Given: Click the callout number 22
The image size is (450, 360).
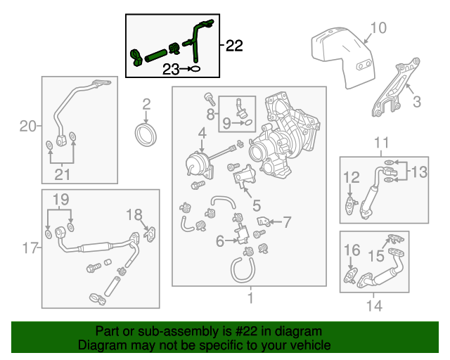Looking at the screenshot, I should coord(234,46).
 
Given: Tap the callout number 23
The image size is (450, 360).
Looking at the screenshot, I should coord(172,69).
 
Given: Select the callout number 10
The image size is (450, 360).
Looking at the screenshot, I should coord(378,28).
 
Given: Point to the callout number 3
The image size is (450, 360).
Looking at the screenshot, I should coord(416,102).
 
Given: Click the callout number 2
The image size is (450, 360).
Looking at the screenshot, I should coord(146,105).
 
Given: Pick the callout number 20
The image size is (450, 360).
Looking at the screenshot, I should coord(27,127).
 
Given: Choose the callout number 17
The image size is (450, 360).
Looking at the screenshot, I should coord(29,247).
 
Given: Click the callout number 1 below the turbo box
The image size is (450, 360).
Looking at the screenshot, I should coord(249,300).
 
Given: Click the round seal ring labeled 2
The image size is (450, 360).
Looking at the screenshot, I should coord(146,134).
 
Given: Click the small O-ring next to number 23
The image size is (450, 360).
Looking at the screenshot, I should coord(195,69).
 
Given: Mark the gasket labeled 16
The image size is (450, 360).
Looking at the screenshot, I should coord(349,274).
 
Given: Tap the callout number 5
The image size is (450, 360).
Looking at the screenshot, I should coord(257,206).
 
